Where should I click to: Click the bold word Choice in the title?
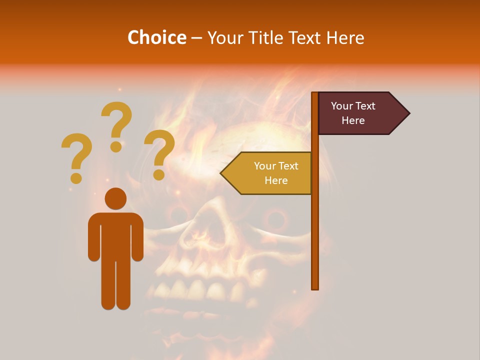pyautogui.click(x=156, y=37)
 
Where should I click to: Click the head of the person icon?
pyautogui.click(x=115, y=198)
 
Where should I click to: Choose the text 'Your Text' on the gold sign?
pyautogui.click(x=276, y=166)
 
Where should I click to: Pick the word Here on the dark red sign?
pyautogui.click(x=353, y=120)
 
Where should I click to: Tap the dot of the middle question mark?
pyautogui.click(x=116, y=146)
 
